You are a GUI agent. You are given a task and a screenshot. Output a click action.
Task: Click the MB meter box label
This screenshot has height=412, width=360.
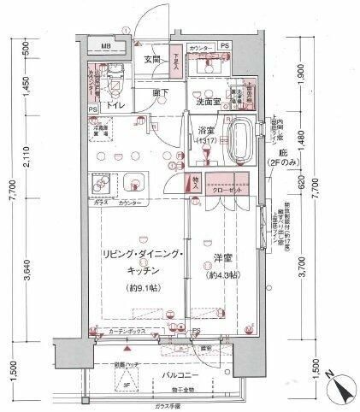coord(106,46)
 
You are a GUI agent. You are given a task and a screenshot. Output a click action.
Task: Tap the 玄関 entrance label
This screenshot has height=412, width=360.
coord(153,59)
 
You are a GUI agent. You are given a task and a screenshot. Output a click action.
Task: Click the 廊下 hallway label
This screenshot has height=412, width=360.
coord(159,91)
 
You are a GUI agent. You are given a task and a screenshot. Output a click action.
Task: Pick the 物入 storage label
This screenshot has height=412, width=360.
coord(195,181)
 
